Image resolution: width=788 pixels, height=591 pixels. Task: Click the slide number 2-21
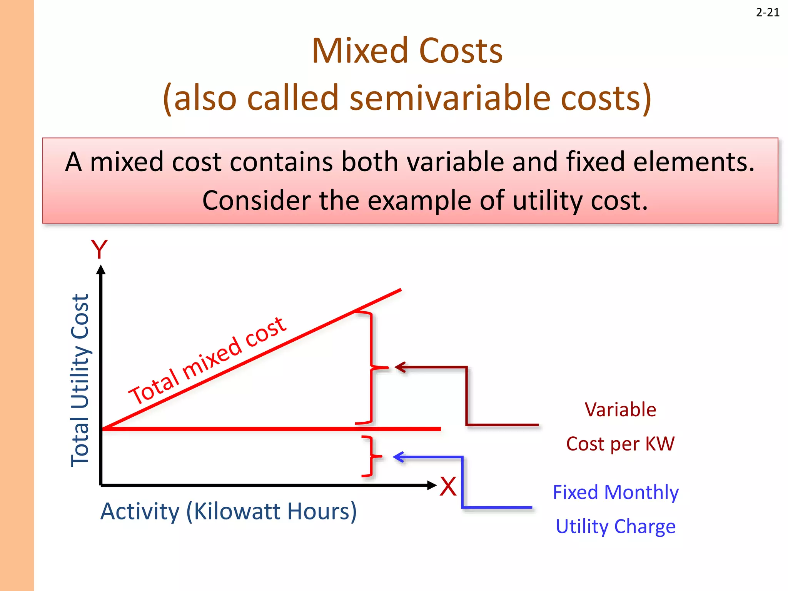pyautogui.click(x=767, y=13)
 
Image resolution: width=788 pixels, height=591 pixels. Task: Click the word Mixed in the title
pyautogui.click(x=359, y=51)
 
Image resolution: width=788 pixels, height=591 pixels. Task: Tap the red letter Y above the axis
pyautogui.click(x=99, y=250)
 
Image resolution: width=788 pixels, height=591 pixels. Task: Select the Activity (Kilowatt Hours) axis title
pyautogui.click(x=229, y=511)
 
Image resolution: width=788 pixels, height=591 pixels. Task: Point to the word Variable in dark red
pyautogui.click(x=620, y=409)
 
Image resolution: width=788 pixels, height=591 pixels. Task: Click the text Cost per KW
pyautogui.click(x=620, y=444)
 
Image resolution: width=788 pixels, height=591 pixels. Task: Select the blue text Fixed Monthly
pyautogui.click(x=615, y=492)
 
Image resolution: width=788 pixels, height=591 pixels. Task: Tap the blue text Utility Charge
pyautogui.click(x=615, y=526)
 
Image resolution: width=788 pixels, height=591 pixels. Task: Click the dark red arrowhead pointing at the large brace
pyautogui.click(x=401, y=367)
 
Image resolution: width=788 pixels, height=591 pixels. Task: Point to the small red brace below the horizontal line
pyautogui.click(x=371, y=457)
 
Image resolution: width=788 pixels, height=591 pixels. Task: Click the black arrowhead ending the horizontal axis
pyautogui.click(x=432, y=485)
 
